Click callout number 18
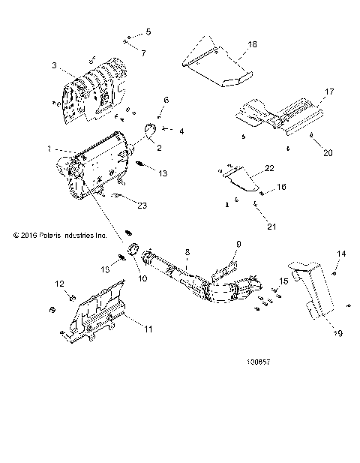[x=252, y=45]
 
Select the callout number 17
[x=328, y=92]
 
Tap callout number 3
[x=54, y=66]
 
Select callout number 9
[x=238, y=245]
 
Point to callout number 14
[x=341, y=254]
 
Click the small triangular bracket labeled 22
[x=240, y=179]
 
